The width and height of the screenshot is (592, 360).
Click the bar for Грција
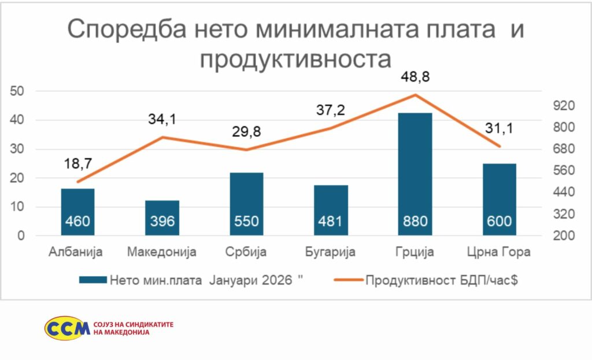[415, 173]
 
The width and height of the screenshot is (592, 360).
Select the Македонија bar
[162, 218]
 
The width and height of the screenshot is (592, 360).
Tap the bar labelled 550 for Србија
[246, 203]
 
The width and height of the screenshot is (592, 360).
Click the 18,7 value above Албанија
[77, 164]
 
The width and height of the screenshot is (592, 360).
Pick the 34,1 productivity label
[161, 120]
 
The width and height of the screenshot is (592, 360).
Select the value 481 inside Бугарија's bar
[331, 221]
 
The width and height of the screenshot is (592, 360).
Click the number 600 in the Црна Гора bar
[499, 221]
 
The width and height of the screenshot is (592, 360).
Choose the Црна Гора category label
[499, 252]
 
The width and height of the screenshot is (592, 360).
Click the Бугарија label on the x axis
[331, 252]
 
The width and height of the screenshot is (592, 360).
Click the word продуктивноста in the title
[295, 59]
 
